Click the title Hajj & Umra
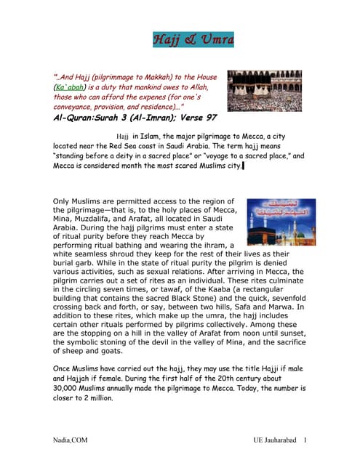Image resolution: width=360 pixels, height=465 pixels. coord(193,39)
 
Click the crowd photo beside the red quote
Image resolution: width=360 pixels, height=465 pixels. coord(264,90)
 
